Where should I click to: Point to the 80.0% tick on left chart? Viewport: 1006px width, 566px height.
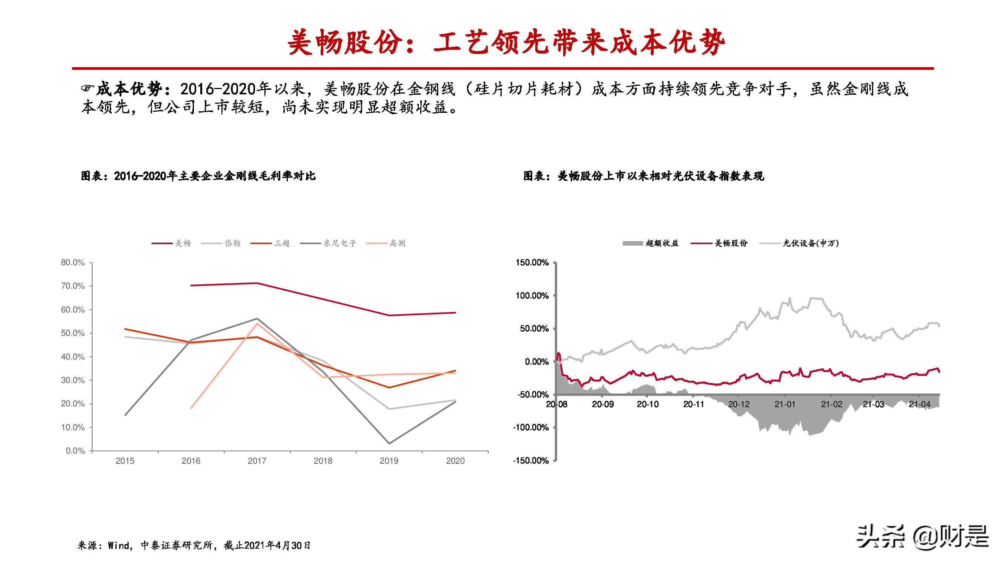tap(73, 263)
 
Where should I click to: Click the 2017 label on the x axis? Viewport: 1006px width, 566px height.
tap(257, 461)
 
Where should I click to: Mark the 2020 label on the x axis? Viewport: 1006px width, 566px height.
tap(455, 461)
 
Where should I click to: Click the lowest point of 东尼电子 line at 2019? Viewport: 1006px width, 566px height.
tap(389, 443)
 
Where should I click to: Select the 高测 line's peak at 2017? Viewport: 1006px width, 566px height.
tap(257, 323)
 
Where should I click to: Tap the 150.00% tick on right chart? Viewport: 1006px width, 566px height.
tap(532, 263)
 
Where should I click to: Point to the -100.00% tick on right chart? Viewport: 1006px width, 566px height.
tap(531, 428)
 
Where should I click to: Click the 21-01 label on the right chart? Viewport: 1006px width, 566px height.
tap(785, 404)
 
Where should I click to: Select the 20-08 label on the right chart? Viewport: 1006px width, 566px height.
tap(556, 404)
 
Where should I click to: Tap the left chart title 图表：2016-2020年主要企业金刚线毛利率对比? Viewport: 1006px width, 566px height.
tap(198, 176)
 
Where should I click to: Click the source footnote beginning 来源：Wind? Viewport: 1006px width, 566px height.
tap(194, 545)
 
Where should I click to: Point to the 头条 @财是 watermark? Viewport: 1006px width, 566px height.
tap(922, 536)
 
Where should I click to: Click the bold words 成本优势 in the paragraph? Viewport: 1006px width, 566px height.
tap(129, 89)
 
